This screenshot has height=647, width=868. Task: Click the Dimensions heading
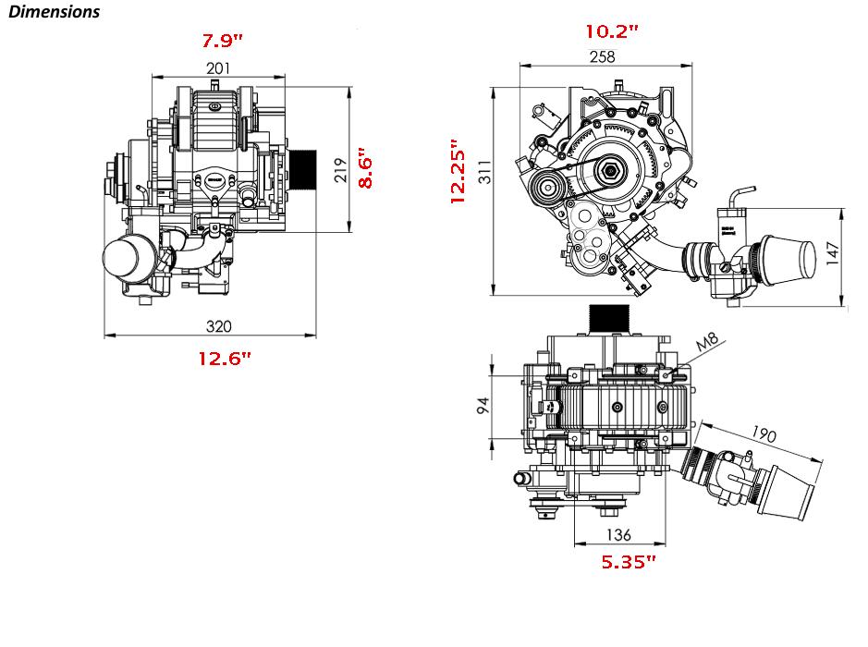point(55,12)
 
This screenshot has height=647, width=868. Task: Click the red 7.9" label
point(222,41)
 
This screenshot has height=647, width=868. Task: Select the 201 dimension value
point(218,68)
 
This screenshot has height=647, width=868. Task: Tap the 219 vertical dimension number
point(340,170)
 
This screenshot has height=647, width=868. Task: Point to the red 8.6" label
point(365,168)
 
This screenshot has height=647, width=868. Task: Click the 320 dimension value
point(219,326)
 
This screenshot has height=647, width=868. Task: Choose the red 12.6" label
point(225,358)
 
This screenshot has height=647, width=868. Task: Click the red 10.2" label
point(612,31)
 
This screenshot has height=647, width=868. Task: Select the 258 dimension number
point(603,56)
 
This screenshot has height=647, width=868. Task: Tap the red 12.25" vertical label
point(458,172)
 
